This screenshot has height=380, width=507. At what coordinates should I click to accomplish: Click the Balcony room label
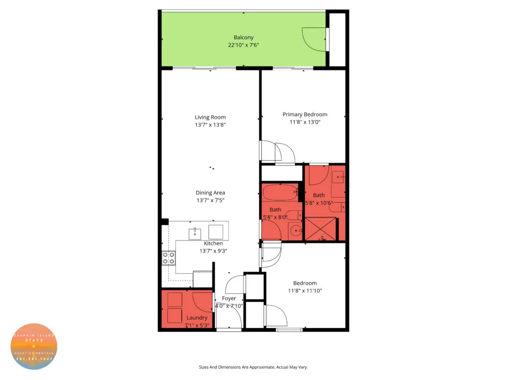(244, 37)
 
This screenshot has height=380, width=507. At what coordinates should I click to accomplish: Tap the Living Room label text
(210, 117)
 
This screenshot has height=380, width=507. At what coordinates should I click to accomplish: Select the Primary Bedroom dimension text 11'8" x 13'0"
(305, 122)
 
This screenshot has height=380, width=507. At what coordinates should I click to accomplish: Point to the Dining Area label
(210, 192)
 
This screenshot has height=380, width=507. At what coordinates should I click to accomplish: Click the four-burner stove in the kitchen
(168, 257)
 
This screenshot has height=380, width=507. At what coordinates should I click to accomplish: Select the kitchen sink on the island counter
(195, 232)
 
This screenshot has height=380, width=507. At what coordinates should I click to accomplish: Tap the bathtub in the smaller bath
(280, 192)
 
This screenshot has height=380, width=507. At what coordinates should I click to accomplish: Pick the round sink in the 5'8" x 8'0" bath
(296, 230)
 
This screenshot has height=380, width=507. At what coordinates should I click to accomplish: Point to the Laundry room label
(197, 318)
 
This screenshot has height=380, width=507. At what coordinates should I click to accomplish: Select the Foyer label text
(229, 298)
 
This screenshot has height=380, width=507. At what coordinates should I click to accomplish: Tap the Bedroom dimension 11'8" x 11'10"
(305, 291)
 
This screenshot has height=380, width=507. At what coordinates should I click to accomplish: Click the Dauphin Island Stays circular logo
(34, 346)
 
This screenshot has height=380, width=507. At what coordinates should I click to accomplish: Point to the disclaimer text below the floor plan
(253, 367)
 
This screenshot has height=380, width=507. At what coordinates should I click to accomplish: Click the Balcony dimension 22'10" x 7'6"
(244, 45)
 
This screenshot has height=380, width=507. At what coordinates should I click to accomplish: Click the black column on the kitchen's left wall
(165, 222)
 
